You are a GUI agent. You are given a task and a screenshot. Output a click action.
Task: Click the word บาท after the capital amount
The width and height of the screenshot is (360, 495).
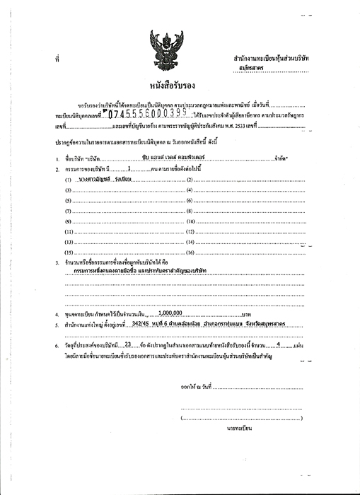246,312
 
